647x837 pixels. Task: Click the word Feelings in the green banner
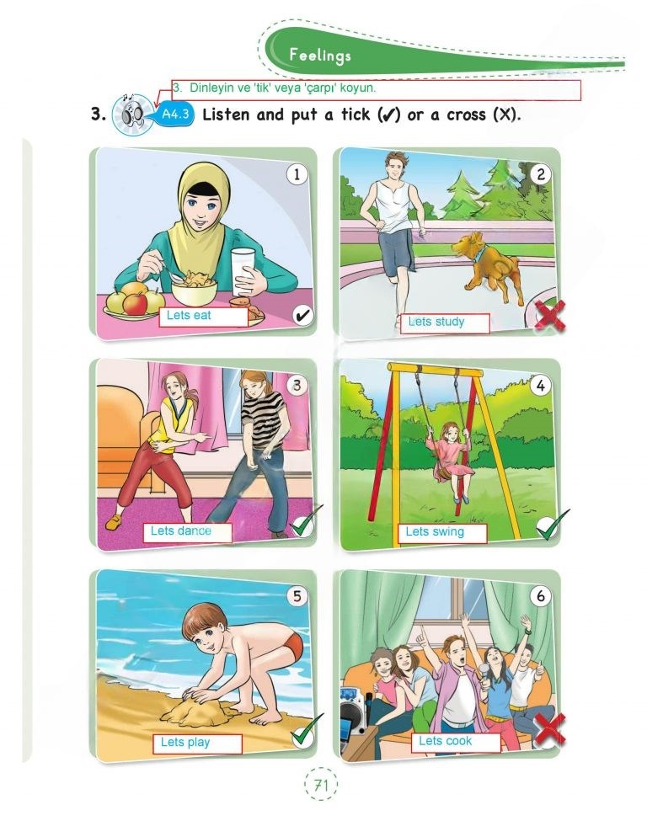tap(320, 55)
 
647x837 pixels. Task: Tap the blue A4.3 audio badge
tap(176, 114)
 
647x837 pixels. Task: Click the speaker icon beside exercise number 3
tap(131, 114)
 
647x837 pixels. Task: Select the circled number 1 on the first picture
tap(297, 174)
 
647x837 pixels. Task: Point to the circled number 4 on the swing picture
tap(540, 385)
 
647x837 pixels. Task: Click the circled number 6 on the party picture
tap(540, 595)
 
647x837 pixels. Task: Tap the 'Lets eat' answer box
tap(204, 316)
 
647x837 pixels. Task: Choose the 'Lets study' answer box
tap(445, 323)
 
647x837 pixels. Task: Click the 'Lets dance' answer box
tap(188, 532)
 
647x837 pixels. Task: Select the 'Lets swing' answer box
tap(441, 533)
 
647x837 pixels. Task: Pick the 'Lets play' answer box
tap(197, 744)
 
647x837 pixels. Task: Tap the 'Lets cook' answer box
tap(456, 743)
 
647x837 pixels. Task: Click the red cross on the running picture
tap(549, 316)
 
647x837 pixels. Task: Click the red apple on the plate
tap(135, 303)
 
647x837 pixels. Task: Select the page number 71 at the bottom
tap(321, 784)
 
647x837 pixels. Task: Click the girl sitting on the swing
tap(452, 458)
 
